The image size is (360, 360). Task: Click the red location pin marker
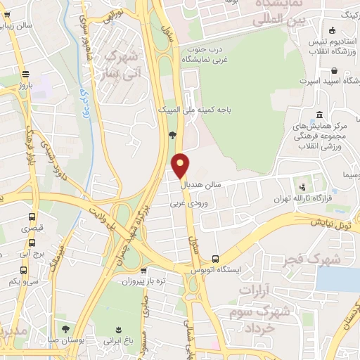[x=181, y=165]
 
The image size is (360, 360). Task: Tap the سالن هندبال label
[x=203, y=184]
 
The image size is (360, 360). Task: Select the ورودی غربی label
[x=186, y=204]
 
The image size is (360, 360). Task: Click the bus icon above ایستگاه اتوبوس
[x=215, y=258]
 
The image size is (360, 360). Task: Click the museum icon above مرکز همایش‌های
[x=320, y=115]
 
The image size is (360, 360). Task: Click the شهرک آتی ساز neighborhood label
[x=123, y=61]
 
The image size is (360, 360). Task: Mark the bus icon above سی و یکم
[x=24, y=270]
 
